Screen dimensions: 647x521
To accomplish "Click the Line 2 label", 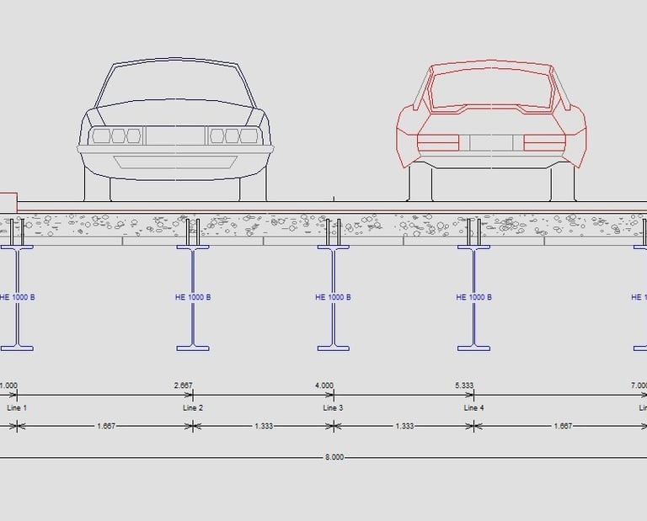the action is (x=193, y=408).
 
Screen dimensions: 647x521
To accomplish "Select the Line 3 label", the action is (x=334, y=408).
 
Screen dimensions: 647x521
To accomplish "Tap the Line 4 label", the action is (x=473, y=408).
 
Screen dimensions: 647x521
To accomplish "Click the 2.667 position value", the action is (x=183, y=385).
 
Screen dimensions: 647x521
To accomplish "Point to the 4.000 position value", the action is (x=324, y=385).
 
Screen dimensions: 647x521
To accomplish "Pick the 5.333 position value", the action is (x=464, y=385).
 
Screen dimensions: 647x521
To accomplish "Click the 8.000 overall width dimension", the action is (x=334, y=458).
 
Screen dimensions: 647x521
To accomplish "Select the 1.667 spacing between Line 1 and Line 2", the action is (x=106, y=426).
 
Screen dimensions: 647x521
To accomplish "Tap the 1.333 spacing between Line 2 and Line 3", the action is (x=264, y=426).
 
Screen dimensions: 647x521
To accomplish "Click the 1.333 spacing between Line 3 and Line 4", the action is (x=404, y=426).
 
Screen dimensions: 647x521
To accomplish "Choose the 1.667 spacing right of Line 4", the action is (x=562, y=426).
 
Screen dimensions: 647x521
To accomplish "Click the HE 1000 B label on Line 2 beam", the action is (x=192, y=297).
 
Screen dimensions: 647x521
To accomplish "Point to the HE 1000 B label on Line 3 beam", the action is (x=333, y=297).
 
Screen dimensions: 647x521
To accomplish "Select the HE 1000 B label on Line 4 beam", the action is (x=473, y=297).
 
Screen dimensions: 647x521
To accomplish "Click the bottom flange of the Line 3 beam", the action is (x=334, y=348).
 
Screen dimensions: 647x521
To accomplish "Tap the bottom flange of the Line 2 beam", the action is (x=193, y=348).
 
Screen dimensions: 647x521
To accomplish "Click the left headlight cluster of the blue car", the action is (x=115, y=136).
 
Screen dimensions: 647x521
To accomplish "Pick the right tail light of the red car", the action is (x=543, y=142).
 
